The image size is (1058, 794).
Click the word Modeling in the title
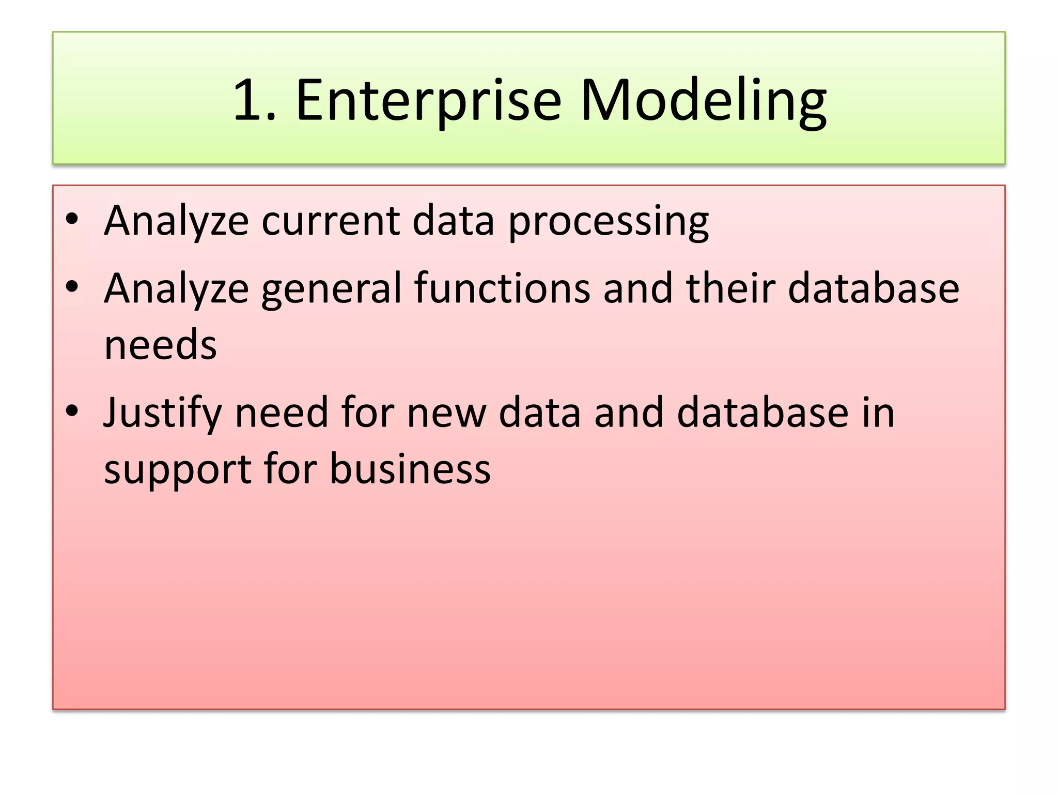point(703,101)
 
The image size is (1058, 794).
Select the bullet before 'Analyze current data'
point(72,219)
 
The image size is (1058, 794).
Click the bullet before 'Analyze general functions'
point(72,286)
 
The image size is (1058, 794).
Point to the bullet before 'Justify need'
point(72,411)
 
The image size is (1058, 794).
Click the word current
point(331,221)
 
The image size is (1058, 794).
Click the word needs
point(160,345)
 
